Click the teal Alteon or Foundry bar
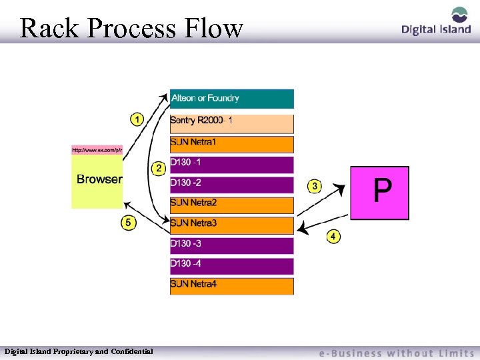click(231, 99)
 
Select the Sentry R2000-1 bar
click(231, 123)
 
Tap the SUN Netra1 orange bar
click(231, 144)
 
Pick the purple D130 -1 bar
click(231, 164)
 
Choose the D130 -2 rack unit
click(231, 184)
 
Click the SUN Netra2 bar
click(231, 204)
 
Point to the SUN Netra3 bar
click(231, 225)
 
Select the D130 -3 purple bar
click(231, 245)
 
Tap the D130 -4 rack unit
click(231, 265)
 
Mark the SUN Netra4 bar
click(231, 286)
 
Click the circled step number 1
click(136, 120)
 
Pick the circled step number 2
click(159, 168)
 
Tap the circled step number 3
click(314, 185)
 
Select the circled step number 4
click(333, 236)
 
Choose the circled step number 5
click(128, 222)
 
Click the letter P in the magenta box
click(382, 191)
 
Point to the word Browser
click(99, 179)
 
